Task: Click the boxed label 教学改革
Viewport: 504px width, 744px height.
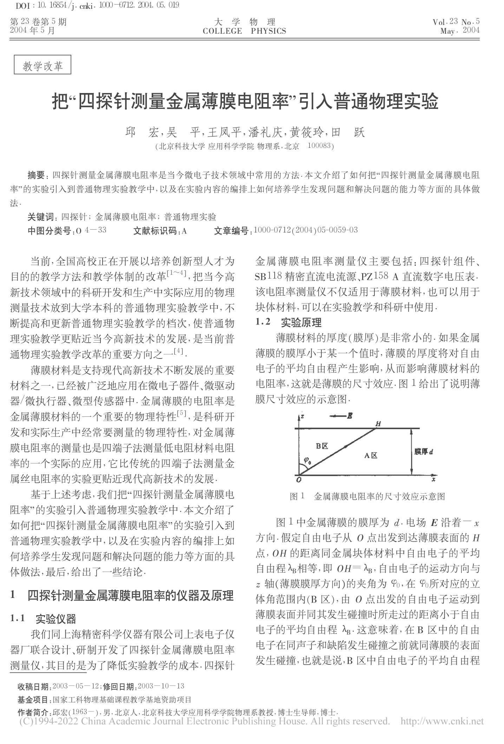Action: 42,65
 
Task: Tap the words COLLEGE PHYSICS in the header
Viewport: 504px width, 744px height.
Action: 244,31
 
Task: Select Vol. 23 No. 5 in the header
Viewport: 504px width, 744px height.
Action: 456,22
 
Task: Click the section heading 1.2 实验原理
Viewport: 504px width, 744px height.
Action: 288,322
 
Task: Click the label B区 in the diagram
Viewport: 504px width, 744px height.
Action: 321,446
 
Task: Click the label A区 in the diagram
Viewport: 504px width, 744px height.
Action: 371,456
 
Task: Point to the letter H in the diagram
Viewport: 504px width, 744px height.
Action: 378,423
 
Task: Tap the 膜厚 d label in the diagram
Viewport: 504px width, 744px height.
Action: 424,452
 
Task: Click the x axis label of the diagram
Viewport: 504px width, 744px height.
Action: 434,479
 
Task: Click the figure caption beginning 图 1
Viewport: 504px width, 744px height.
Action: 367,496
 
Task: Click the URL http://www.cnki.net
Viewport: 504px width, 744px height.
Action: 442,721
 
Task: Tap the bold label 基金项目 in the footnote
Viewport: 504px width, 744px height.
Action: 34,699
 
